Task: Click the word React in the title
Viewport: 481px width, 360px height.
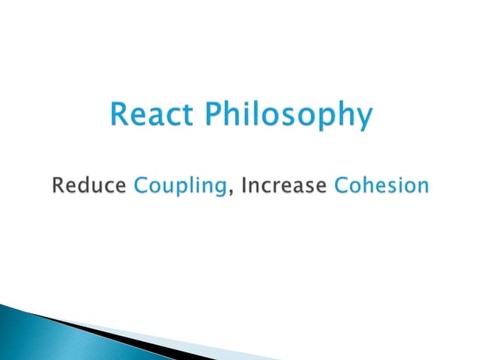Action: (150, 116)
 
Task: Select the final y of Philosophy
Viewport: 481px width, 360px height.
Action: (364, 121)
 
